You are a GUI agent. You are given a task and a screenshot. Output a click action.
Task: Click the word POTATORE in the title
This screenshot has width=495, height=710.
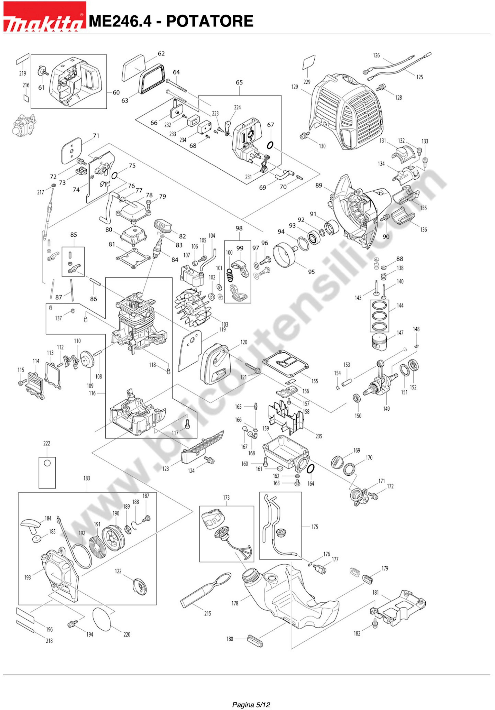coord(210,21)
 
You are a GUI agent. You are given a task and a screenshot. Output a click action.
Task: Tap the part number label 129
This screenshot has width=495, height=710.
coord(295,87)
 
